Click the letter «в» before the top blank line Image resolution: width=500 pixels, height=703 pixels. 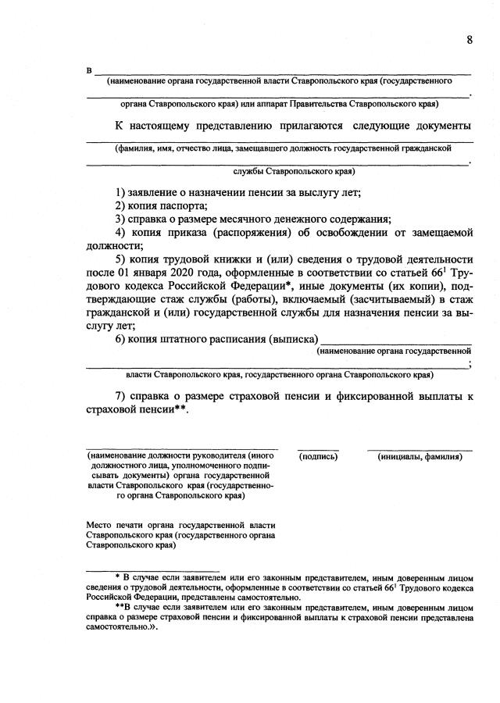pyautogui.click(x=89, y=72)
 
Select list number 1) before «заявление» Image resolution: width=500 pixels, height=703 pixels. pyautogui.click(x=121, y=193)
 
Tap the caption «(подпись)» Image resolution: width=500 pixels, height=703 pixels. pyautogui.click(x=318, y=456)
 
